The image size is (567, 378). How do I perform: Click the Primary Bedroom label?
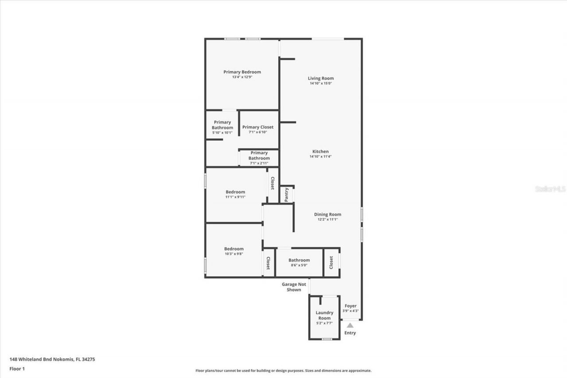242,72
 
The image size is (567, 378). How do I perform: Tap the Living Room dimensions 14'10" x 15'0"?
321,83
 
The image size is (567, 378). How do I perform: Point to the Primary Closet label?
258,127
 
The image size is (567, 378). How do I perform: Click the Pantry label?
287,195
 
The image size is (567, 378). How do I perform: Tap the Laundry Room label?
324,315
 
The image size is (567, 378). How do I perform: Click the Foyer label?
350,306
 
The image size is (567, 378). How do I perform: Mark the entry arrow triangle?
350,325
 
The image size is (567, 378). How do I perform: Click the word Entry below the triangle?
350,333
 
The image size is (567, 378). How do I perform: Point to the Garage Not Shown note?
294,287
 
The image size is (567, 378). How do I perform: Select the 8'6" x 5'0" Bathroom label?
299,261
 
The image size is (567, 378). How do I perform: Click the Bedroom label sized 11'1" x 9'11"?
235,192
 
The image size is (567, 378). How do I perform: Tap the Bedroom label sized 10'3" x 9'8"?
233,249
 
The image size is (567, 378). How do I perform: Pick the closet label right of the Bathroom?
331,262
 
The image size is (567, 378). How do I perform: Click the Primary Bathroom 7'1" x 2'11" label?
259,156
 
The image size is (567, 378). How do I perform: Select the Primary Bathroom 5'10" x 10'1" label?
222,125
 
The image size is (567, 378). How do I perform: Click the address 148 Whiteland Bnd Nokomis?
52,359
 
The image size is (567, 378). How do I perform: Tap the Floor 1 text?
17,369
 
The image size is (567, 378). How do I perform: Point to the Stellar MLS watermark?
550,189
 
